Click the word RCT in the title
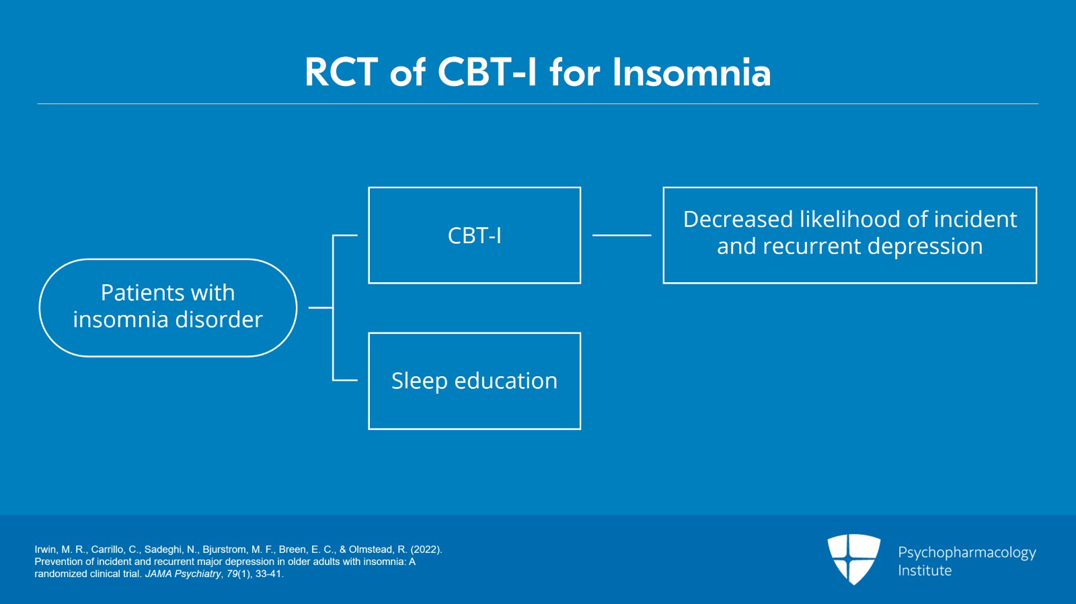[x=341, y=73]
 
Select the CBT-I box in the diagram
[x=474, y=235]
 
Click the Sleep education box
[x=474, y=381]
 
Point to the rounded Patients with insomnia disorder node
[x=167, y=307]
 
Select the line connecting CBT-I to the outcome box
[x=621, y=235]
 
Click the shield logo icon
[x=853, y=558]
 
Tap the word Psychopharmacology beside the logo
[x=966, y=552]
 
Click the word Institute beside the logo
[x=925, y=570]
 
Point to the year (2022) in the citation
[x=426, y=550]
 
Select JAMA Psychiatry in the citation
[x=183, y=574]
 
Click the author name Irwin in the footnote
[x=46, y=550]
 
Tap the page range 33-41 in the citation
[x=269, y=574]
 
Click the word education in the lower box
[x=506, y=381]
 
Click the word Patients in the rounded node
[x=133, y=293]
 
